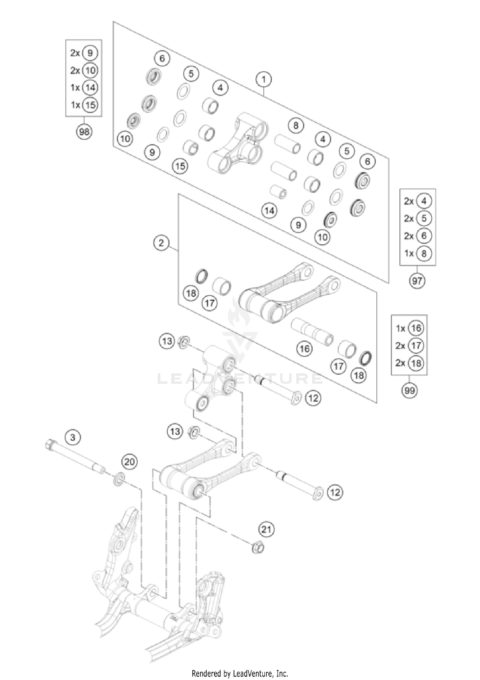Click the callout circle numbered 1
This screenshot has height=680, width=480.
click(264, 79)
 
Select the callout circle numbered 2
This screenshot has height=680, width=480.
click(161, 243)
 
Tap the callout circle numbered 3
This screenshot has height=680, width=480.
click(73, 437)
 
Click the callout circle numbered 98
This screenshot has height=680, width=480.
click(84, 131)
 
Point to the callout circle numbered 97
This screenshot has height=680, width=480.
click(417, 281)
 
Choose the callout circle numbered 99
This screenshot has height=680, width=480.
click(409, 390)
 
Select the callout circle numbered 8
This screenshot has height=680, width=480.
click(296, 125)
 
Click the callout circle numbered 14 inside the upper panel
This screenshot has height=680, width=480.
click(269, 210)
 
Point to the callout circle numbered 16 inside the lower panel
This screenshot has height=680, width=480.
click(304, 348)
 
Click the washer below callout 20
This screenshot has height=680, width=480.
click(119, 480)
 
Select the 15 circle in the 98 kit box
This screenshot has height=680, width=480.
click(90, 105)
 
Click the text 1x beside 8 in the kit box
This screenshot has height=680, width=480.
click(409, 253)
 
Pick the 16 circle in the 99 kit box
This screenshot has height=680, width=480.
click(416, 328)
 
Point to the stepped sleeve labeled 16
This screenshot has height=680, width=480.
click(312, 332)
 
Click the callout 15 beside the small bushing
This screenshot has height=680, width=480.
click(180, 166)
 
